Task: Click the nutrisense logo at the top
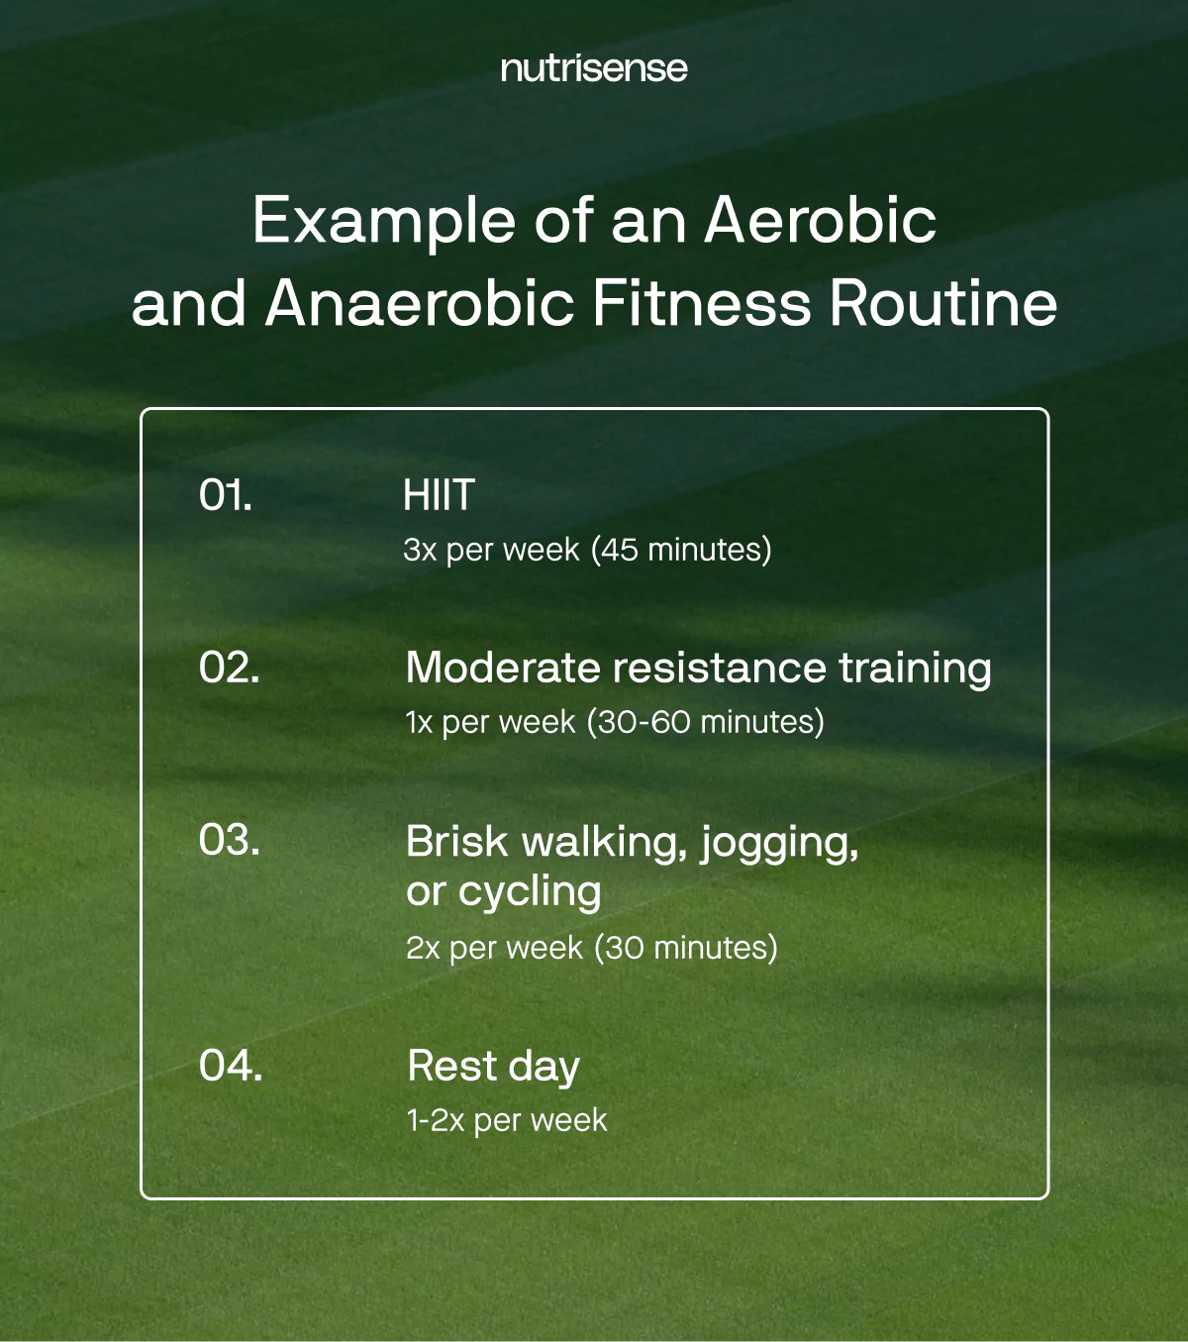[594, 68]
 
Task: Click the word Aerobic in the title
[820, 220]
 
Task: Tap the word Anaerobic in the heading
[420, 303]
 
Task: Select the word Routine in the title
[943, 303]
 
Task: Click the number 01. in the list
[226, 495]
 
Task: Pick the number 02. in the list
[229, 668]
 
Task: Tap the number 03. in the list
[229, 840]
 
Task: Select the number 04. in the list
[230, 1066]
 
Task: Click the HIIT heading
[439, 495]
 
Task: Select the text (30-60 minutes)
[705, 722]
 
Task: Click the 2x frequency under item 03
[423, 948]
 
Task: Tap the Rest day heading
[493, 1067]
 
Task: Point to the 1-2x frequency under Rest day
[435, 1120]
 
